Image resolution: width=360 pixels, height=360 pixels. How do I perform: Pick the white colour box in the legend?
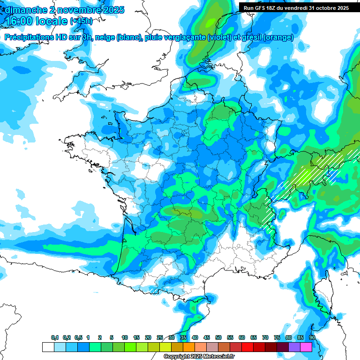(48, 347)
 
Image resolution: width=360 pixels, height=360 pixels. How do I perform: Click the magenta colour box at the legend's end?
(306, 347)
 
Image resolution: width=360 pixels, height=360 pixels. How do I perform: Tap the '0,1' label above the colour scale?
(55, 338)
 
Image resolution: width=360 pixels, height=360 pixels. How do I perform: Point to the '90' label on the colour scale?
(312, 338)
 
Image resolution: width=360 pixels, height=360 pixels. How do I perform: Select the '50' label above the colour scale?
(218, 338)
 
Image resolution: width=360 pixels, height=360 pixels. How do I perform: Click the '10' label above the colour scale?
(125, 338)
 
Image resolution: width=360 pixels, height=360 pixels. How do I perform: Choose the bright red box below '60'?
(247, 347)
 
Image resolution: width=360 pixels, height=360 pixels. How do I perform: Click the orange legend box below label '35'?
(189, 347)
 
